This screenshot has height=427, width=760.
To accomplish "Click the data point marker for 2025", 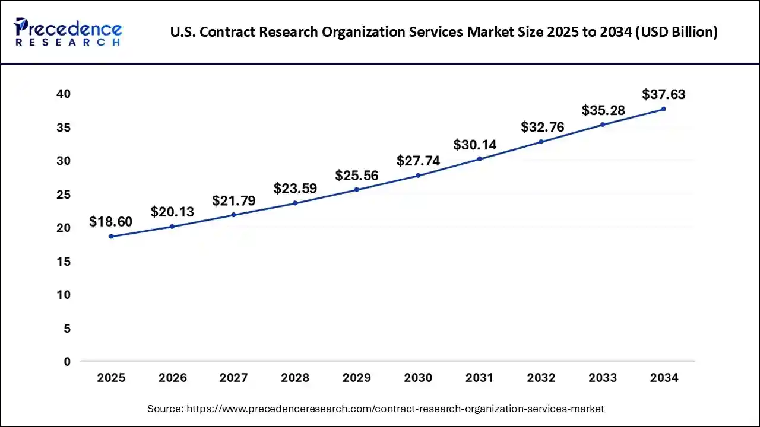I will (111, 236).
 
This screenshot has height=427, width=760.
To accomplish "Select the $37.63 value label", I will (663, 94).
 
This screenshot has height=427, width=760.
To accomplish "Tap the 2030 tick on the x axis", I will (418, 378).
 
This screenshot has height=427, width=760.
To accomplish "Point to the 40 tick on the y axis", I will (64, 94).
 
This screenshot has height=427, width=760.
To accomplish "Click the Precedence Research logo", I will (68, 31).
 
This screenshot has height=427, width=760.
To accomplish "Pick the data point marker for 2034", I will (663, 109).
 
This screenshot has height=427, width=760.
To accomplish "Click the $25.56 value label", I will (356, 175).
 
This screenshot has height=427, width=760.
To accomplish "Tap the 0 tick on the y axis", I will (67, 361).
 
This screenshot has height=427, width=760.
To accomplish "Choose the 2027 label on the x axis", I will (234, 378).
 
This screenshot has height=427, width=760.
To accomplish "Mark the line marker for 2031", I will (479, 159).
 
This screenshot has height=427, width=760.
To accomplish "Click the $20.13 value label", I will (172, 212).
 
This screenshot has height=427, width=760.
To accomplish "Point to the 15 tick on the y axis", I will (64, 261).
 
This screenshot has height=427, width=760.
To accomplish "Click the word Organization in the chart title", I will (366, 32).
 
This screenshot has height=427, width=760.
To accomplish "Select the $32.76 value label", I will (542, 127).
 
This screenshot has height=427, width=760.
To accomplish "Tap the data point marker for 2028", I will (295, 203).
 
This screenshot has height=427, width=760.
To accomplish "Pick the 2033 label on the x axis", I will (602, 378).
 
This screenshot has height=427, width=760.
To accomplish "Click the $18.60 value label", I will (110, 222).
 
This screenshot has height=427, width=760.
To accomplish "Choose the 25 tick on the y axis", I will (64, 194).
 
